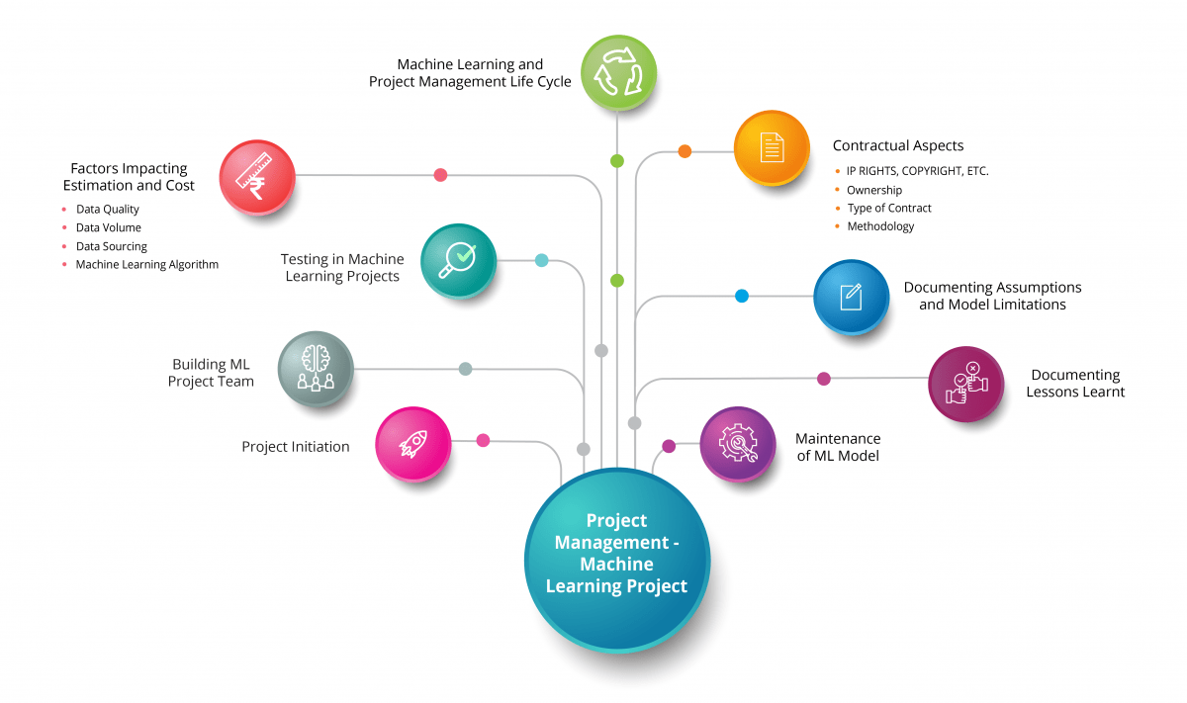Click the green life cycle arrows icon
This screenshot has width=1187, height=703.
617,72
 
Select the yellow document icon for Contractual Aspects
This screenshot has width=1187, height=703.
772,148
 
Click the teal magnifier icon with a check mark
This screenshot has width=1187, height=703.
458,260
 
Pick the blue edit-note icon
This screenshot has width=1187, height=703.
851,297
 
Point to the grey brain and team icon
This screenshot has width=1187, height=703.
315,369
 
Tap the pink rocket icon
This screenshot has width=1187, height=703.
413,444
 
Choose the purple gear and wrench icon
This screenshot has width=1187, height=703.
738,444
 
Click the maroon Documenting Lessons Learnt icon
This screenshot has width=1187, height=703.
965,384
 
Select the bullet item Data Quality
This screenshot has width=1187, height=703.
107,210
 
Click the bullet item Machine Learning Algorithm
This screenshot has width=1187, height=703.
146,265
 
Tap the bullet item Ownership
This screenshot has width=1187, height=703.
874,190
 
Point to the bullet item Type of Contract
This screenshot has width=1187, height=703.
889,209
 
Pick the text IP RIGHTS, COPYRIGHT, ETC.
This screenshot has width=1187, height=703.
917,171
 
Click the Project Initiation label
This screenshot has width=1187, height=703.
296,447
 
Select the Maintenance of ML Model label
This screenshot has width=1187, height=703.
838,447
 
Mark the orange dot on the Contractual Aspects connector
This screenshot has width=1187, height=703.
685,151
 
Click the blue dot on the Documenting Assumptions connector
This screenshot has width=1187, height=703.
742,296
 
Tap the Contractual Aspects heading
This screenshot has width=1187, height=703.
898,146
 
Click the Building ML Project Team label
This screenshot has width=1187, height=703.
211,373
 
